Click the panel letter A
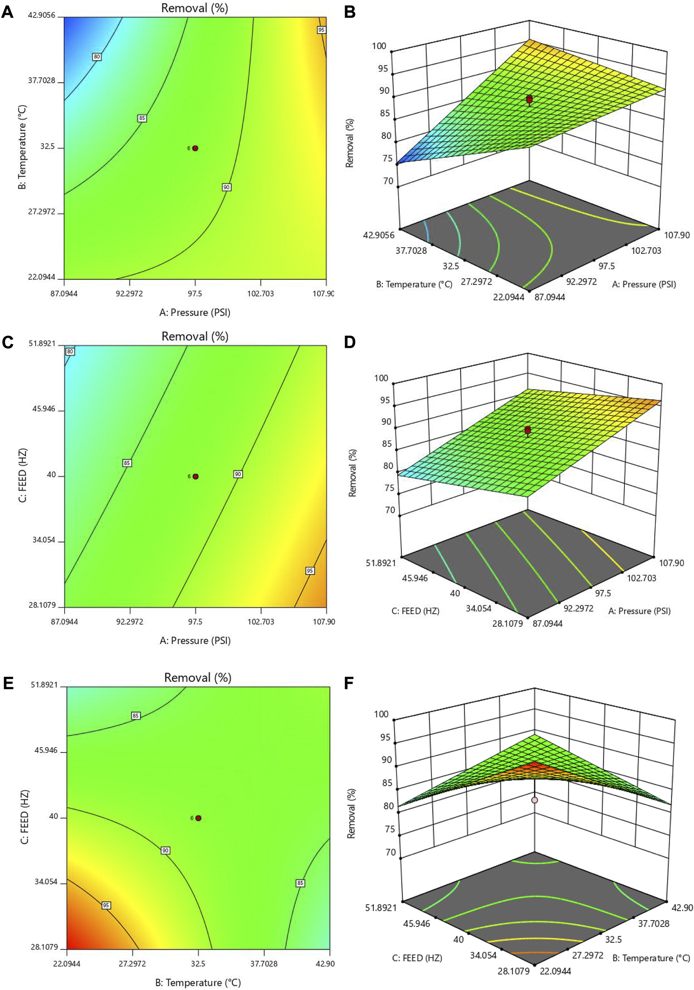coord(7,12)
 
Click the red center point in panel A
coord(195,148)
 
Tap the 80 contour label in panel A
coord(97,57)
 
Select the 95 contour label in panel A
coord(321,30)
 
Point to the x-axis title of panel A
coord(195,312)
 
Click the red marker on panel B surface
coord(529,100)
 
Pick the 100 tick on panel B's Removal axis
coord(380,46)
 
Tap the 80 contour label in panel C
coord(70,352)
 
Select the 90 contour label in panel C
coord(238,474)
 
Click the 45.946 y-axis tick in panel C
coord(44,409)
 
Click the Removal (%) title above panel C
coord(195,336)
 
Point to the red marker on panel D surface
coord(528,430)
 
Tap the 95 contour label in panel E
coord(106,906)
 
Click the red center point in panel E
coord(198,818)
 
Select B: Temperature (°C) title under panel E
coord(198,982)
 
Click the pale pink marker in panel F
coord(535,800)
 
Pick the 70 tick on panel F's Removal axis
coord(391,852)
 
